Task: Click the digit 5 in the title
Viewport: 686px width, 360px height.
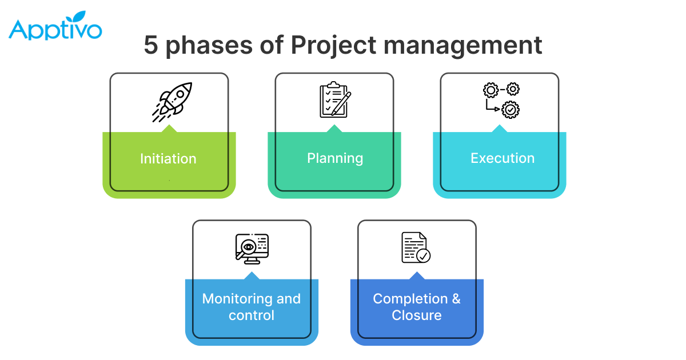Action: [151, 45]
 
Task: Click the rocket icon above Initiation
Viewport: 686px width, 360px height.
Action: [172, 102]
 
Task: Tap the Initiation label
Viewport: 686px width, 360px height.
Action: [168, 158]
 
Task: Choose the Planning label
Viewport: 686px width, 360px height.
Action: [335, 158]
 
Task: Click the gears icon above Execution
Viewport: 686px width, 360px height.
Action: [501, 99]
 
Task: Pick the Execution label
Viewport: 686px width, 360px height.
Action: [502, 158]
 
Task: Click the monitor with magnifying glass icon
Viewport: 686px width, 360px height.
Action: [252, 248]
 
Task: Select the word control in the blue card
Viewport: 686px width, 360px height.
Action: [252, 315]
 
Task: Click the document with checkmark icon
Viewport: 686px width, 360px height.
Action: [416, 247]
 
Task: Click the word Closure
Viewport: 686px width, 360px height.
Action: [417, 315]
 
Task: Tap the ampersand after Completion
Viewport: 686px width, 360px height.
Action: [456, 299]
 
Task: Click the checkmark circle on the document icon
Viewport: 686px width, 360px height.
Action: [424, 255]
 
